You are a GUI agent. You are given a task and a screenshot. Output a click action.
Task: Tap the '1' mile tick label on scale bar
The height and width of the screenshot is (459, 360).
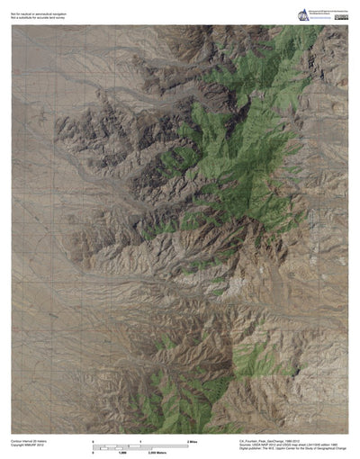[141, 441]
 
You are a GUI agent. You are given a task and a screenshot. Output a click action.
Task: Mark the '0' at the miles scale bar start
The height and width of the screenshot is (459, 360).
[94, 441]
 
